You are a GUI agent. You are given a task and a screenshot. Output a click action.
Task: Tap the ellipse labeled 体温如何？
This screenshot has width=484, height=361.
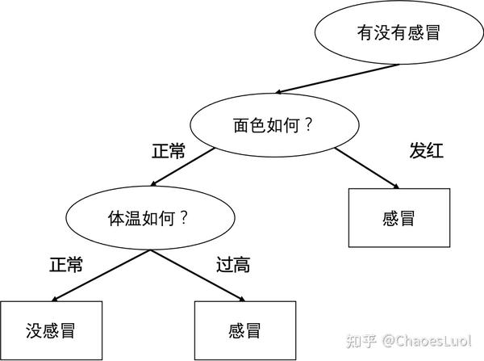[146, 218]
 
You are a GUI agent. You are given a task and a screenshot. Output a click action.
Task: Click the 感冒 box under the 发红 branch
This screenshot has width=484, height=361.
[398, 217]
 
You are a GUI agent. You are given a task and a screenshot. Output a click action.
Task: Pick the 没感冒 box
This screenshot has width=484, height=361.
[51, 330]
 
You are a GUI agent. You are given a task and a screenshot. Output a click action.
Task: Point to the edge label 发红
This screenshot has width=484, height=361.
[428, 151]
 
